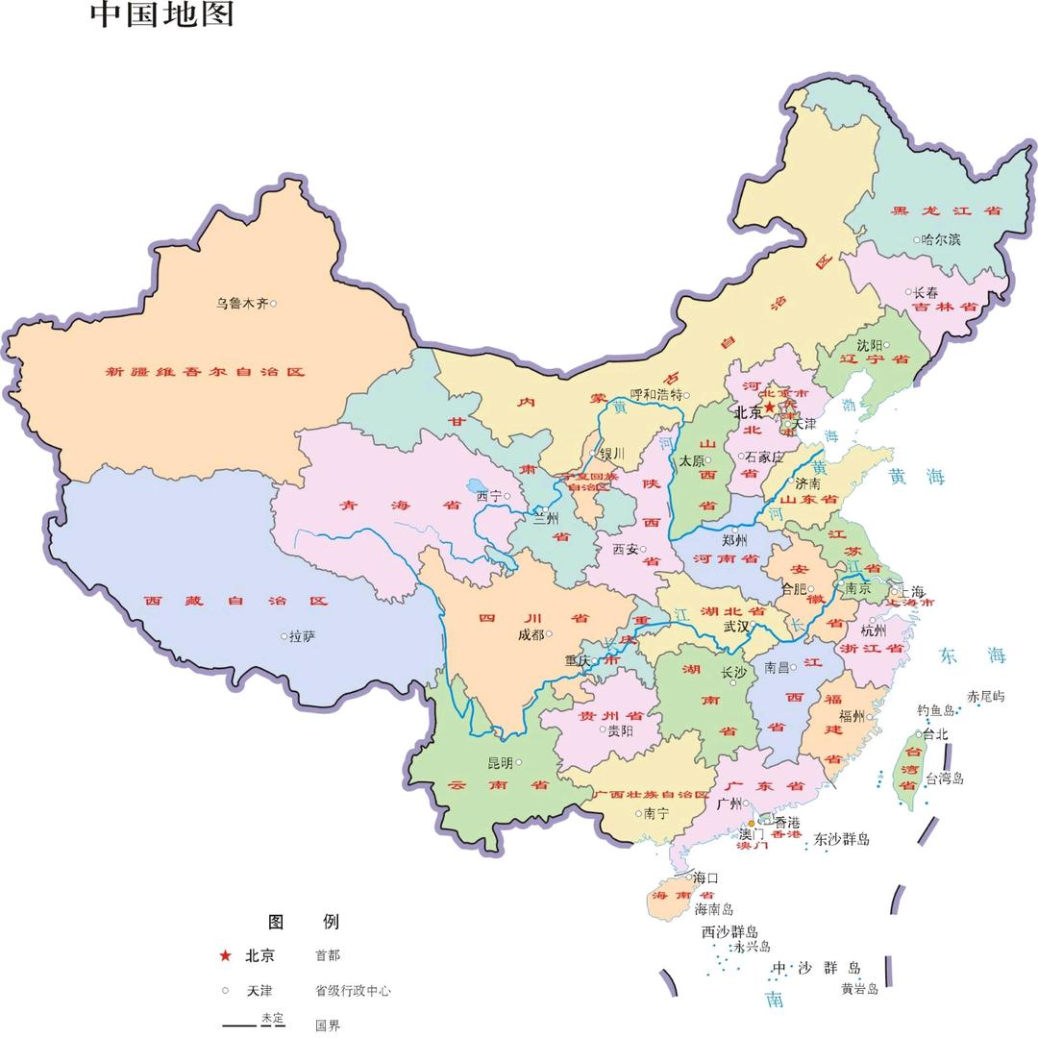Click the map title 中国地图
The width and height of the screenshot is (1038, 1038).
161,14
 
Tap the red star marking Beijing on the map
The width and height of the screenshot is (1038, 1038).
769,408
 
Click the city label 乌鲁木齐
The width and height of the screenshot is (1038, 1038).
241,303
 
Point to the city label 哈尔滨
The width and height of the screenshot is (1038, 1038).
941,239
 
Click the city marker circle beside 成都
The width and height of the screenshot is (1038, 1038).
549,633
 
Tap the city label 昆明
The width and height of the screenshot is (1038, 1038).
500,763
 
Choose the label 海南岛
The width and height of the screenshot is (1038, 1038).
714,909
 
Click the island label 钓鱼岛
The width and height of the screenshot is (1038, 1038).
934,710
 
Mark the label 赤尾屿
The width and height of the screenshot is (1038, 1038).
985,696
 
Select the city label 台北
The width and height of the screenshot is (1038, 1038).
935,734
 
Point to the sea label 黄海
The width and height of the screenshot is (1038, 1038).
916,477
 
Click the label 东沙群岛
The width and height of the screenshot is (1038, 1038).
841,839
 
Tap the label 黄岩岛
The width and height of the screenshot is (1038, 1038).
859,988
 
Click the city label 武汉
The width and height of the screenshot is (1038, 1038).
736,626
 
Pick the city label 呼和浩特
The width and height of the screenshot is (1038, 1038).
655,394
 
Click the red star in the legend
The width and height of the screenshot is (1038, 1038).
225,955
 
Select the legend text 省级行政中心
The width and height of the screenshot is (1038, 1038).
353,991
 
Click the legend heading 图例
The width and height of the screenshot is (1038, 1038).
303,922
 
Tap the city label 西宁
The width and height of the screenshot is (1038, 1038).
489,497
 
